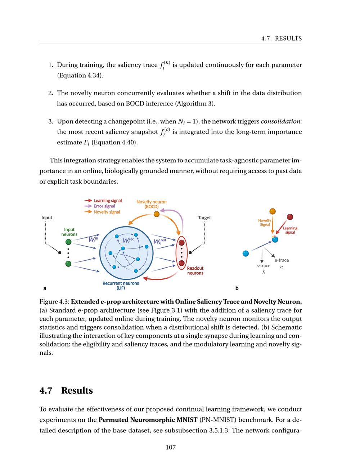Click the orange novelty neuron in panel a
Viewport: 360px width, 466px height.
point(156,214)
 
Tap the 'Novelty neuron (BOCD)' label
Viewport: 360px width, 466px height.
point(151,204)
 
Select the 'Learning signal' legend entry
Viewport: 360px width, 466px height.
point(107,201)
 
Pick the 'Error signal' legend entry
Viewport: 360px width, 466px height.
point(104,206)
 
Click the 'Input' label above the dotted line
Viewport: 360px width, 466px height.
point(47,218)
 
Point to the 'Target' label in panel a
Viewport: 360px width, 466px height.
point(204,218)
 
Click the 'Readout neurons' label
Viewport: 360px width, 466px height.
point(195,271)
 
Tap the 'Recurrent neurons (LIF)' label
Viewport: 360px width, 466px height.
point(121,286)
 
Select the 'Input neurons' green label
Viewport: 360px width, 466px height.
point(69,232)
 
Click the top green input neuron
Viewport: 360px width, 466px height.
point(68,242)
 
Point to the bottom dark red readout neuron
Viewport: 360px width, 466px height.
point(181,263)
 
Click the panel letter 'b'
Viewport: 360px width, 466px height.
point(237,288)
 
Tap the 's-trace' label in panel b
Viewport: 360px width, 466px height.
point(263,266)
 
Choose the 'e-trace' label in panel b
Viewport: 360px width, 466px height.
point(282,260)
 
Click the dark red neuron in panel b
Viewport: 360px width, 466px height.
point(290,217)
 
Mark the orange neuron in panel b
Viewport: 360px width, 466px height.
point(273,211)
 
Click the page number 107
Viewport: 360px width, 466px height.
point(171,448)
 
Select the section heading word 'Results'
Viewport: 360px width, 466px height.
point(77,391)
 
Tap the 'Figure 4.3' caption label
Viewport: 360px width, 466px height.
point(54,302)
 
